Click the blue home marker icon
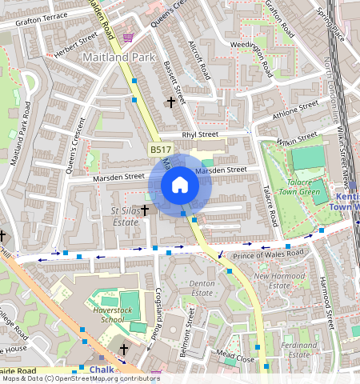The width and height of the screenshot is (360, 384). point(180,185)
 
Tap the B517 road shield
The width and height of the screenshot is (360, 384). point(160,150)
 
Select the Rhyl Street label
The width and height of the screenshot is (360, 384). point(200,135)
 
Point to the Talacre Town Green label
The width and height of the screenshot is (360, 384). point(298,186)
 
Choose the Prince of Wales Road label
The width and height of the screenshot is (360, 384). point(268,255)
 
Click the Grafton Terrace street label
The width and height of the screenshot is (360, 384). point(35,18)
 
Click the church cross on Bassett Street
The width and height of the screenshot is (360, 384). point(170,102)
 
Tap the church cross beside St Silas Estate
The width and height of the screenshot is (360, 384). point(145,210)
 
